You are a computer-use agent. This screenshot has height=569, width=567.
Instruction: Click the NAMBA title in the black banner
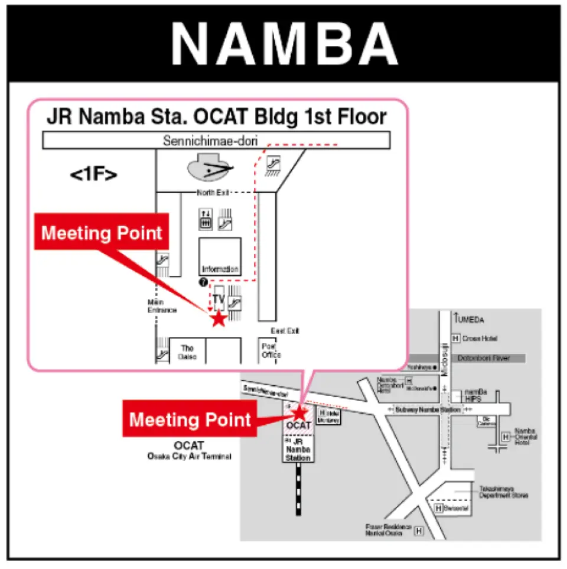click(284, 45)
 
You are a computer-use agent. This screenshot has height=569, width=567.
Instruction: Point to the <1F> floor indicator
click(93, 175)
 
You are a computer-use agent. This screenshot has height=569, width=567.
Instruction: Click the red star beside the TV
click(219, 319)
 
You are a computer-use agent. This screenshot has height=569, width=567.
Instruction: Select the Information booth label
click(220, 269)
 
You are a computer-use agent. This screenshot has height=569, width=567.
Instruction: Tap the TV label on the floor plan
click(219, 299)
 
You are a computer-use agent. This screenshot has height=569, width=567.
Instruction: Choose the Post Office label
click(271, 351)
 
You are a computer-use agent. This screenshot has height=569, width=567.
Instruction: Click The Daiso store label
click(187, 353)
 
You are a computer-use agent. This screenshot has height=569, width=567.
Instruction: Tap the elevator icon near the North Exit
click(206, 219)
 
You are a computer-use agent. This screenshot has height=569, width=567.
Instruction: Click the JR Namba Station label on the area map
click(298, 450)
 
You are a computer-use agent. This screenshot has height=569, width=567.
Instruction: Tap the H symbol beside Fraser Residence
click(419, 531)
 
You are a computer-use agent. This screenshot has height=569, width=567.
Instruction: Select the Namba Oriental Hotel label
click(526, 437)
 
